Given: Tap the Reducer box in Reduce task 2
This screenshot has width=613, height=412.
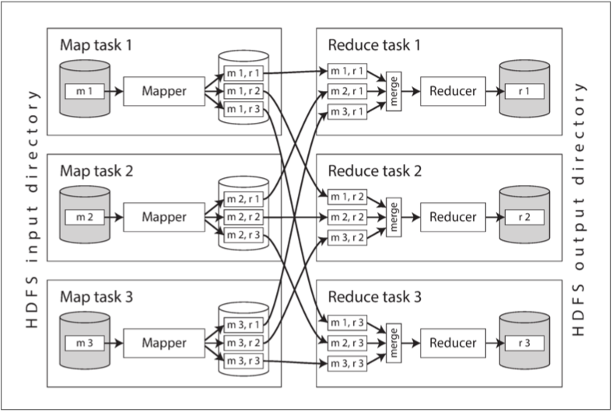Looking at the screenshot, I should point(453,218).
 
